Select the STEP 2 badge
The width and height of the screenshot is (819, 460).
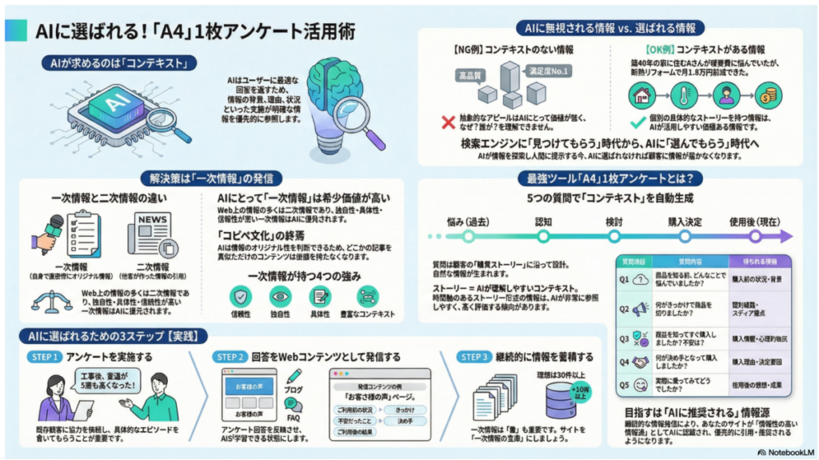(231, 356)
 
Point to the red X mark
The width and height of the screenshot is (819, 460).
(448, 121)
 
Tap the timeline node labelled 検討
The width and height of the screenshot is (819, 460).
(614, 237)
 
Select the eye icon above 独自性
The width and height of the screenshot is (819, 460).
(280, 296)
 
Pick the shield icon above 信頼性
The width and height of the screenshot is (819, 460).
(240, 296)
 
